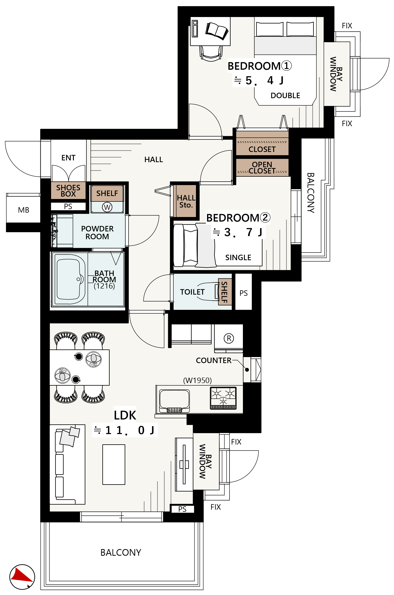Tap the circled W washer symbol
[x=107, y=207]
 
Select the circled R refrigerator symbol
[x=229, y=338]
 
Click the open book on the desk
[x=217, y=31]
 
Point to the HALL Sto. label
[x=186, y=201]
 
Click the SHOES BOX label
[x=68, y=191]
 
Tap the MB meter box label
[x=24, y=210]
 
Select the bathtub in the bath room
[x=68, y=279]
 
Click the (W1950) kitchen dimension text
[x=197, y=380]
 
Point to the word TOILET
[x=192, y=292]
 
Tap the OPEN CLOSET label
[x=262, y=168]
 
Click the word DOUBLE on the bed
[x=285, y=95]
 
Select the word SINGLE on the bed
[x=238, y=257]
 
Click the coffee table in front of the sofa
[x=114, y=464]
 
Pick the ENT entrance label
[x=68, y=158]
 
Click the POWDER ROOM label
[x=97, y=233]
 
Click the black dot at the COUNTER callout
[x=247, y=370]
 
